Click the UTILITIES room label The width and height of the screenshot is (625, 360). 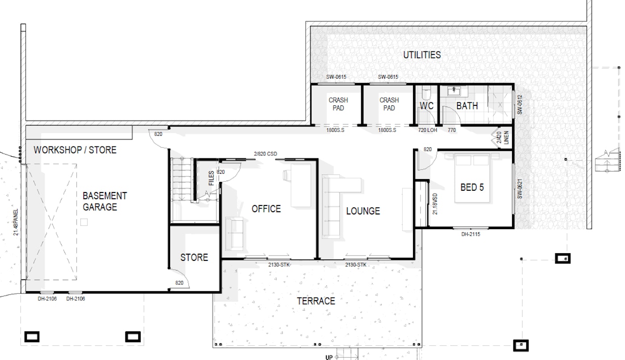tap(422, 55)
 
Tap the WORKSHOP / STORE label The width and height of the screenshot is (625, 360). tap(75, 150)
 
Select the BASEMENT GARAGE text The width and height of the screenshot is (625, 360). tap(104, 201)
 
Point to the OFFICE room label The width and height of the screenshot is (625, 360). tap(266, 209)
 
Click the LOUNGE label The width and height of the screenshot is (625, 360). tap(363, 211)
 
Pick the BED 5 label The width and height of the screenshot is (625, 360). tap(472, 187)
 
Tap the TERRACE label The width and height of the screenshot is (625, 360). tap(316, 301)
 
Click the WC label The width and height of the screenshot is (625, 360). tap(427, 106)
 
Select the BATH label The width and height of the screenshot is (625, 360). tap(467, 106)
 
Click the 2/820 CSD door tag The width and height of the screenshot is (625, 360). tap(265, 154)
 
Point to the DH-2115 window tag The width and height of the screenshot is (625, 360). tap(471, 234)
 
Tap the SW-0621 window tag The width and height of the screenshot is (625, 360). tap(520, 188)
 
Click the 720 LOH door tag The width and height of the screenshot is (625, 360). tap(428, 130)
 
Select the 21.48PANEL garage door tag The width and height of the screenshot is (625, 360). tap(16, 222)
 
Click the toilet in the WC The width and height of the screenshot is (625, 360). tap(426, 93)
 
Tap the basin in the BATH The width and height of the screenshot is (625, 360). tap(454, 91)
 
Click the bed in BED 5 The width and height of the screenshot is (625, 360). tap(472, 178)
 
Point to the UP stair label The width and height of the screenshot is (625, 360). tap(329, 357)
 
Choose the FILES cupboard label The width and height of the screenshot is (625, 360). tap(211, 178)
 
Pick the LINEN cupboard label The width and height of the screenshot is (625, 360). tap(506, 138)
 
